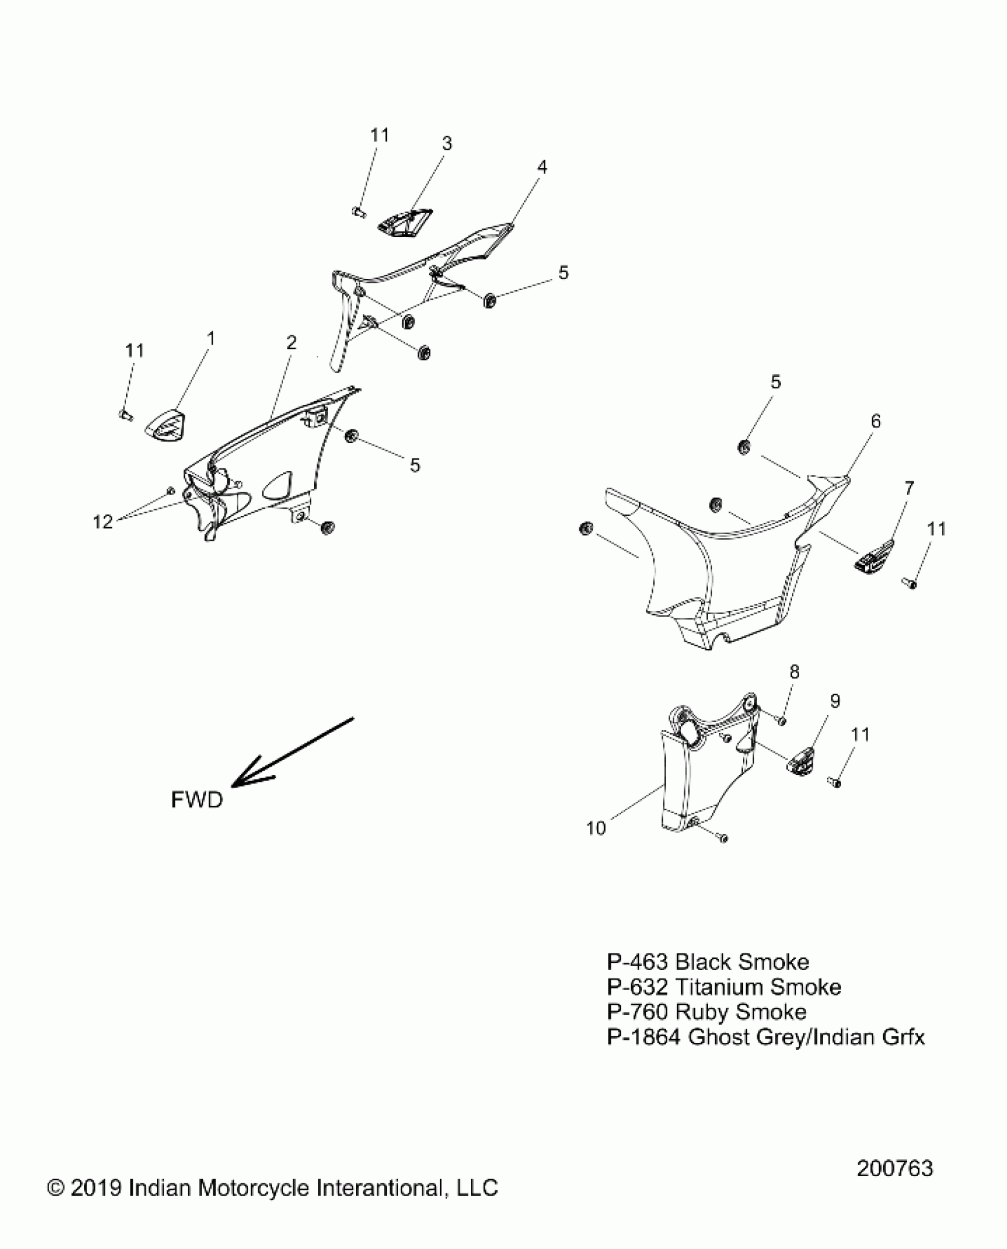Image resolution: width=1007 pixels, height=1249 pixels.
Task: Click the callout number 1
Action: pyautogui.click(x=210, y=339)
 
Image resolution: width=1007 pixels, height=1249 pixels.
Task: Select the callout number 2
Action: pyautogui.click(x=291, y=343)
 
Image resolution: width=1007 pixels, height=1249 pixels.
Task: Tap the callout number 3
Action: pyautogui.click(x=447, y=143)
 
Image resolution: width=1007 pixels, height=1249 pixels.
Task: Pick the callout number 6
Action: pyautogui.click(x=875, y=422)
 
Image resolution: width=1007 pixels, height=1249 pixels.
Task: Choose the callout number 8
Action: pyautogui.click(x=794, y=672)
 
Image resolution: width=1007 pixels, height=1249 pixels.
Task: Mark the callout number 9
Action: pyautogui.click(x=835, y=701)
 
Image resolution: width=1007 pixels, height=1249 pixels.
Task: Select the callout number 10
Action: pyautogui.click(x=596, y=829)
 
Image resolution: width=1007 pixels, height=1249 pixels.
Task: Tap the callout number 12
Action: pyautogui.click(x=102, y=522)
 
